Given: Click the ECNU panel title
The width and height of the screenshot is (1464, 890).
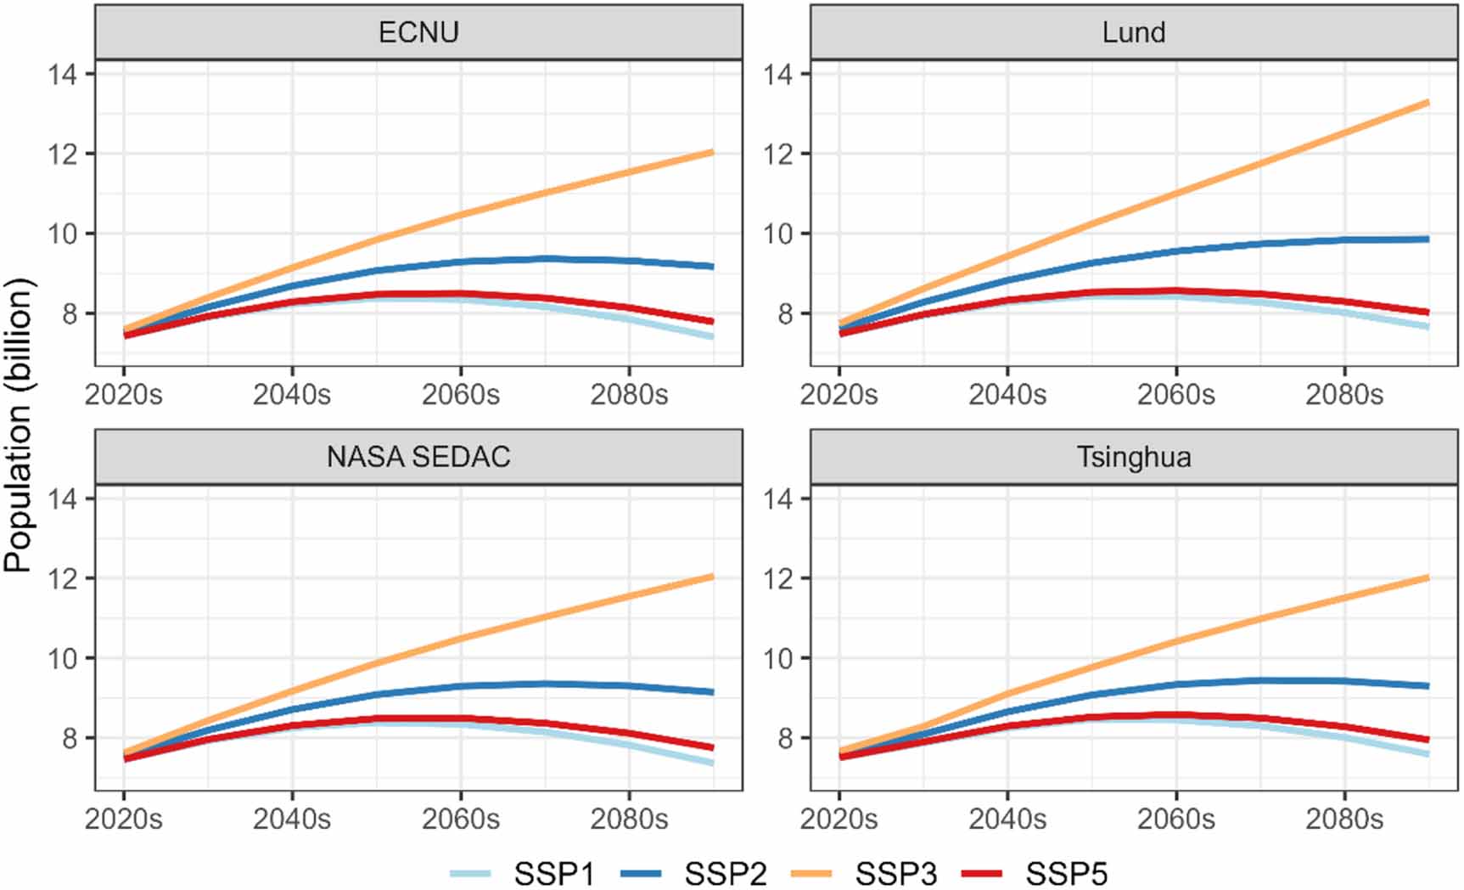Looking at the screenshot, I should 418,32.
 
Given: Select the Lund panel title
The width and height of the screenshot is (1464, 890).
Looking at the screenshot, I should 1134,32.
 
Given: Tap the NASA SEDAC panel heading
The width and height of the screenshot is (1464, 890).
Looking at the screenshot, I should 418,457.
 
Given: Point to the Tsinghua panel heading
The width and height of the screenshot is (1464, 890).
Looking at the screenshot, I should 1134,457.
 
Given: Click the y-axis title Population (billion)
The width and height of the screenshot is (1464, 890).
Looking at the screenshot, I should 19,425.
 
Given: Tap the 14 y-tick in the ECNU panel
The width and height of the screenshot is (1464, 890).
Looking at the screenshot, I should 62,75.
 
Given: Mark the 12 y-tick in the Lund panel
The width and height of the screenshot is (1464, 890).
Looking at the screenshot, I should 777,155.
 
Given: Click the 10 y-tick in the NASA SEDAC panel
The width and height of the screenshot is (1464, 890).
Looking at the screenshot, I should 62,659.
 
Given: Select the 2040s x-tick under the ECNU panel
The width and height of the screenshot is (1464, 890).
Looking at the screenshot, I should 292,395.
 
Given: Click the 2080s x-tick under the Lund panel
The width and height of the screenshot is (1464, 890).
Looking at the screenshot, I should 1344,395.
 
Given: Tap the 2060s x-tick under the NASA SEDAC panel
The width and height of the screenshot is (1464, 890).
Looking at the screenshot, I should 460,820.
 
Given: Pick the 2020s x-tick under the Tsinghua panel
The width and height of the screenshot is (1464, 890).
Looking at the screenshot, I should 839,820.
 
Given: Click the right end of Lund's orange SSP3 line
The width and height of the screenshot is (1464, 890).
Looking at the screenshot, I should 1427,104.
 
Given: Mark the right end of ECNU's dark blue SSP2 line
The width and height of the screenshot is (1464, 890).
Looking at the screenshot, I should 711,267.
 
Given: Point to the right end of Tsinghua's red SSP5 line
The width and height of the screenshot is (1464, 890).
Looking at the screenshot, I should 1427,740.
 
